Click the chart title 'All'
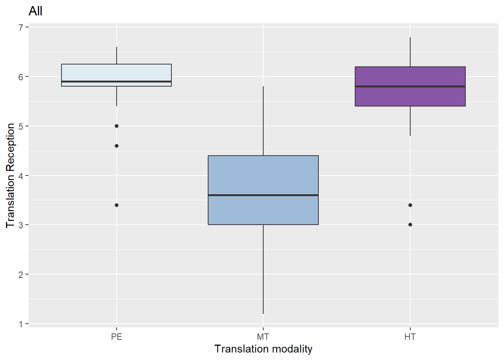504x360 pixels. [35, 11]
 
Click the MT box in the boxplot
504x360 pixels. [263, 176]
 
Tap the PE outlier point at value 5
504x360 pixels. [117, 126]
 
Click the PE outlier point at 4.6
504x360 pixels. [117, 146]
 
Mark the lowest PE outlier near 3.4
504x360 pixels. [117, 205]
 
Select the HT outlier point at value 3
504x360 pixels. [410, 225]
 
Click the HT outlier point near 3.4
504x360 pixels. [410, 205]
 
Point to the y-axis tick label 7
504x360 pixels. [21, 27]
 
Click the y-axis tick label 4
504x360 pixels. [21, 175]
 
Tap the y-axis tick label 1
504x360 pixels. [21, 324]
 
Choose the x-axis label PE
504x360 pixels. [117, 337]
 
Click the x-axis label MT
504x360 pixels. [263, 337]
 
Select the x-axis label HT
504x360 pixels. [410, 337]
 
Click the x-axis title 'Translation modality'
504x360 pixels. [263, 349]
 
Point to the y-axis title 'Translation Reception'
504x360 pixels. [10, 175]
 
